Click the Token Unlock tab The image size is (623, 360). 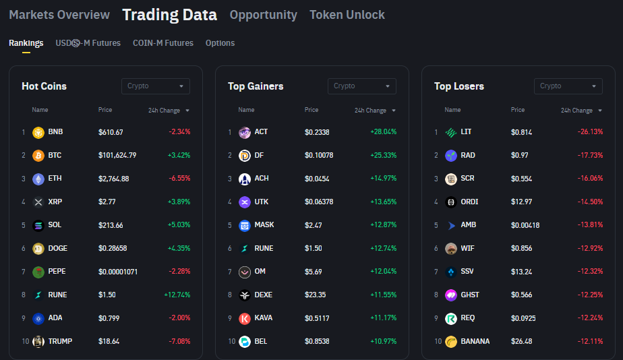[x=347, y=15]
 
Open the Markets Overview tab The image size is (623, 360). [x=59, y=15]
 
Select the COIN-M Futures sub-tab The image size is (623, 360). [x=163, y=43]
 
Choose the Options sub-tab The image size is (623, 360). [x=220, y=43]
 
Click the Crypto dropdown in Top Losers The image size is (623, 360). [x=568, y=86]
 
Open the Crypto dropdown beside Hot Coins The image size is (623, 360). [x=155, y=86]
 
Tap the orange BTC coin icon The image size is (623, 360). [x=38, y=156]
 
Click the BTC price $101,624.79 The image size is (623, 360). [x=117, y=156]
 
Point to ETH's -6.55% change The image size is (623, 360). [x=179, y=179]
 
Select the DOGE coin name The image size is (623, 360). [x=58, y=248]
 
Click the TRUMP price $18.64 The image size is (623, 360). [x=109, y=341]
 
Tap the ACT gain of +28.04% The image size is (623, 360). [x=383, y=132]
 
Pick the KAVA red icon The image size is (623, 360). [x=245, y=318]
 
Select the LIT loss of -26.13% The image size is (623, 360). [x=590, y=132]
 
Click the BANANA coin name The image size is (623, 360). [x=475, y=341]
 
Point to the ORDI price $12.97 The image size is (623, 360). [x=521, y=202]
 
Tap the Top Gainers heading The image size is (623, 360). [x=256, y=86]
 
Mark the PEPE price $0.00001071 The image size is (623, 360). [x=118, y=272]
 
